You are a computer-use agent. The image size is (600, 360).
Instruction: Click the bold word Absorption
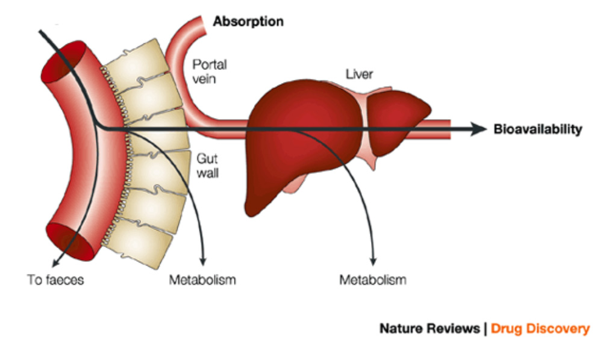pos(248,22)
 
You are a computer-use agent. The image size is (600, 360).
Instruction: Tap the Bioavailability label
pos(537,129)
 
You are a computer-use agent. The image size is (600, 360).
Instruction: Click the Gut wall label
pos(207,167)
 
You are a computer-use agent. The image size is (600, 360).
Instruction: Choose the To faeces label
pos(55,280)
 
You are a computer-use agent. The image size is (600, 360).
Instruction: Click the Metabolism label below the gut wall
pos(202,280)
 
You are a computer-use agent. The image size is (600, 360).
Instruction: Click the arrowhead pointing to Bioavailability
pos(479,129)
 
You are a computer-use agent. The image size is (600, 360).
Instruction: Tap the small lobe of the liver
pos(398,123)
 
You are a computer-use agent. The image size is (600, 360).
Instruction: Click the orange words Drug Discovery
pos(540,329)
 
